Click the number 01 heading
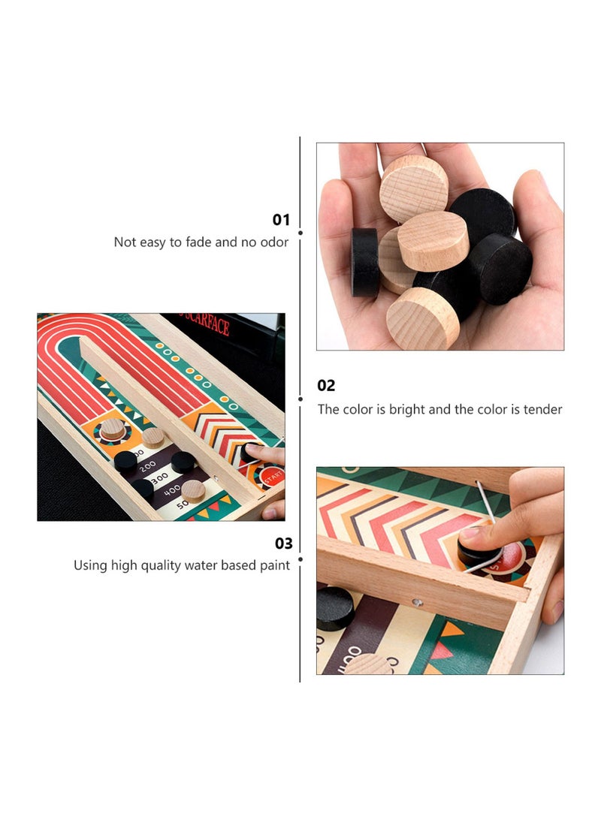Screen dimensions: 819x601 coord(280,220)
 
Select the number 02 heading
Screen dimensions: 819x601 coord(326,386)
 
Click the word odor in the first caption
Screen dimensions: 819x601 coord(273,242)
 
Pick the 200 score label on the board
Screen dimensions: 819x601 coord(148,465)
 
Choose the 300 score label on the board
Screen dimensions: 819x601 coord(159,477)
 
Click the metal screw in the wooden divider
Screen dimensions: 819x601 coord(418,602)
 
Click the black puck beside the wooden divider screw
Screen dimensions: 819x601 coord(335,607)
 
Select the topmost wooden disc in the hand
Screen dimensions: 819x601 coord(413,188)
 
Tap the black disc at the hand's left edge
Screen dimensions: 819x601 coord(364,261)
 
